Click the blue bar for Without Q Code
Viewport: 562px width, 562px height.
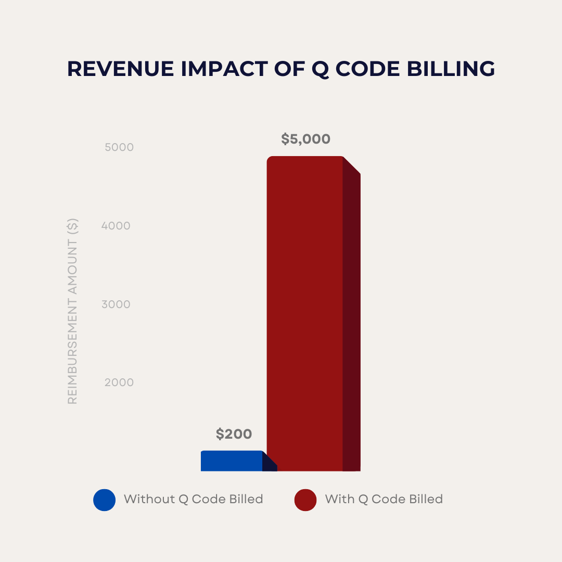pyautogui.click(x=232, y=461)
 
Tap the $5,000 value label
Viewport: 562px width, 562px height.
pyautogui.click(x=305, y=139)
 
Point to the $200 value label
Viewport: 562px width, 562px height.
pyautogui.click(x=234, y=434)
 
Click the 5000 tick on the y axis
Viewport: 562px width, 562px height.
pyautogui.click(x=119, y=147)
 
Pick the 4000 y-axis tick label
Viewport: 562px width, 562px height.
pyautogui.click(x=116, y=226)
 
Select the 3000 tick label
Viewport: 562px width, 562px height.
pyautogui.click(x=116, y=304)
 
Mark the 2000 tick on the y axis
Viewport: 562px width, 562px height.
pyautogui.click(x=119, y=382)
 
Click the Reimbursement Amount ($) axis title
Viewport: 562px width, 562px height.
pyautogui.click(x=73, y=312)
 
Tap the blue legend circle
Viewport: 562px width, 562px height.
pyautogui.click(x=105, y=500)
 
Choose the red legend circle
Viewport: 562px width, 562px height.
pyautogui.click(x=305, y=500)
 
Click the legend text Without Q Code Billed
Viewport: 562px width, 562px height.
pyautogui.click(x=193, y=500)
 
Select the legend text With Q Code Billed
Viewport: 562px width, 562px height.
pyautogui.click(x=384, y=500)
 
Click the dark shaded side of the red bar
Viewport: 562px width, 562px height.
pyautogui.click(x=352, y=323)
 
